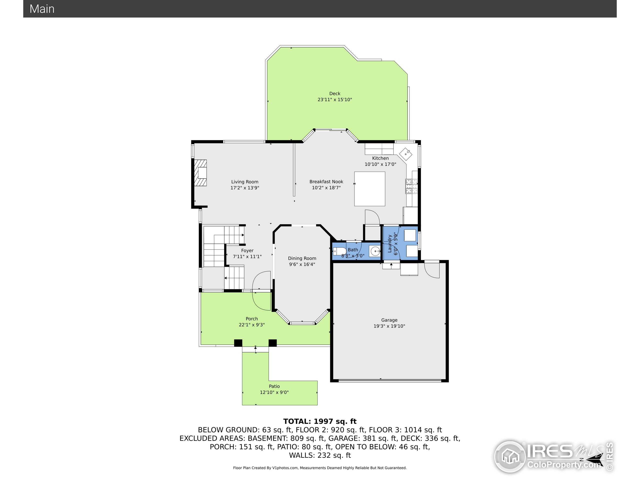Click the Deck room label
tap(335, 93)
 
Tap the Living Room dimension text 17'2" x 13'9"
tap(245, 188)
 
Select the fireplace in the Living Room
tap(200, 173)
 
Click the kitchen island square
tap(370, 189)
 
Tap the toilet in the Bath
tap(339, 251)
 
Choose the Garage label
tap(389, 320)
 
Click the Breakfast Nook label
tap(326, 182)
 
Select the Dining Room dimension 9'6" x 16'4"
tap(302, 264)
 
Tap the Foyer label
tap(247, 250)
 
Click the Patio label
tap(274, 386)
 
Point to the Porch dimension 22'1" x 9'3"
tap(252, 325)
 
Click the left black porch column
tap(238, 343)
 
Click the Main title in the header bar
tap(42, 9)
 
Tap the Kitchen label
tap(380, 158)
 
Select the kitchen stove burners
tap(412, 186)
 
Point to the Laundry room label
tap(389, 243)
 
